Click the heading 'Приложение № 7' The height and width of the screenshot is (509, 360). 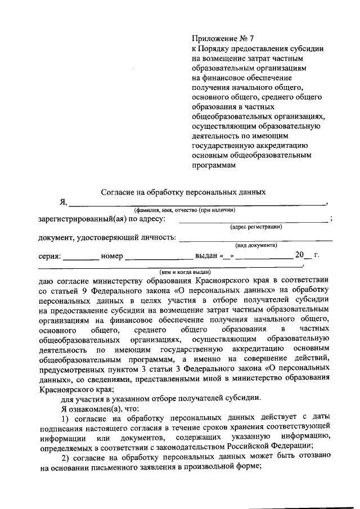click(223, 39)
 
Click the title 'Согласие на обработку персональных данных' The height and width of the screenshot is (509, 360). click(183, 192)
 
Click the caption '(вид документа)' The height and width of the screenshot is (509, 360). click(256, 245)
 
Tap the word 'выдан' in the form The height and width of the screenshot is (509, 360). click(206, 256)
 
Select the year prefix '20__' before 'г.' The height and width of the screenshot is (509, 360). click(303, 255)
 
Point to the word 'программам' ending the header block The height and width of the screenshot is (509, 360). click(211, 165)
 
